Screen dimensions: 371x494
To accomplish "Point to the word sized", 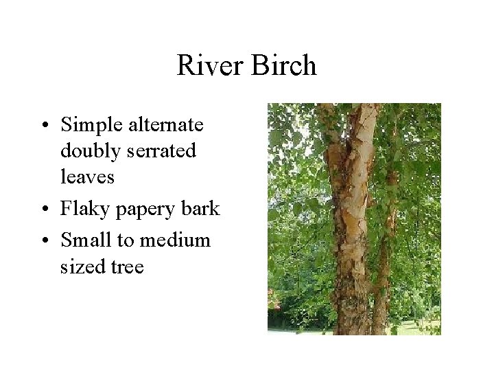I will tap(82, 265).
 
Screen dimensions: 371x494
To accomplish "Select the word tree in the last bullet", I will tap(127, 265).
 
